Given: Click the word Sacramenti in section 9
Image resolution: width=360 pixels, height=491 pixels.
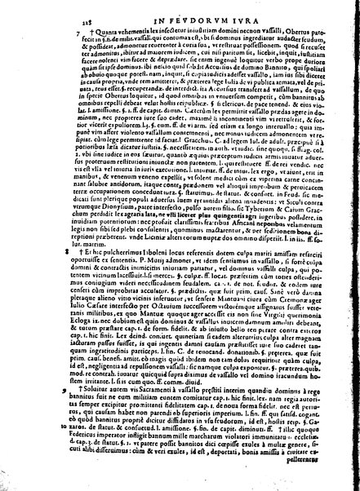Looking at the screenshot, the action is tap(167, 415).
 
